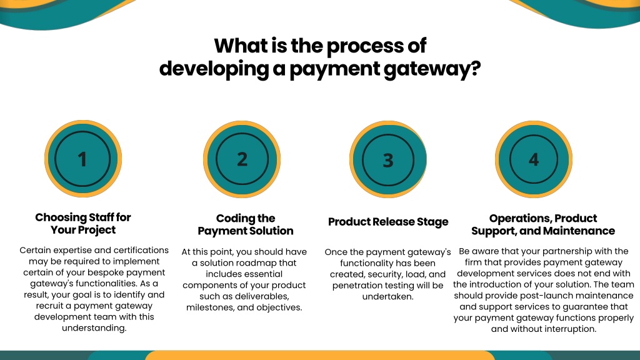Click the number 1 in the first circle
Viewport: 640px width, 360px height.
82,159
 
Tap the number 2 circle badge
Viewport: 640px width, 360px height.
242,159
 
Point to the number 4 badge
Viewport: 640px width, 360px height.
534,159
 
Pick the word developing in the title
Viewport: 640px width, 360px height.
214,69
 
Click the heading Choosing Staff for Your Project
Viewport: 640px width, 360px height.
83,223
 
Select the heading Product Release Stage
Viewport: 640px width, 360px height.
388,222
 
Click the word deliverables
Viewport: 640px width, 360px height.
265,296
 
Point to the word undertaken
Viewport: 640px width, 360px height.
387,296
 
